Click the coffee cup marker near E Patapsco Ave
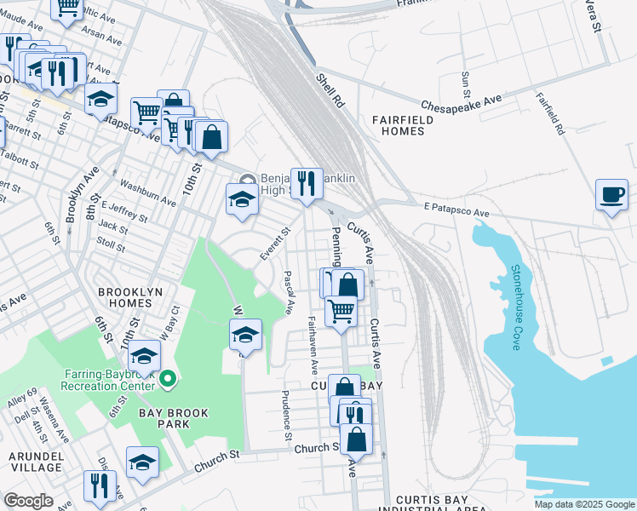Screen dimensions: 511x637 pos(611,194)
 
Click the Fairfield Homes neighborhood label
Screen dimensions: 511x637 pos(402,125)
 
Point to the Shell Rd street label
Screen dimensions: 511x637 pos(330,89)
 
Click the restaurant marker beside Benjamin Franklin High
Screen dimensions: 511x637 pos(307,183)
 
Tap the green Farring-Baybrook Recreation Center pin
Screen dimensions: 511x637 pos(169,378)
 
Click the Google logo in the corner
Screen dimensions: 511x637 pos(28,501)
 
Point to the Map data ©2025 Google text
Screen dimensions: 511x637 pos(583,504)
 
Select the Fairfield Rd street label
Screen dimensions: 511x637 pos(549,115)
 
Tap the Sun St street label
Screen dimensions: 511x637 pos(466,86)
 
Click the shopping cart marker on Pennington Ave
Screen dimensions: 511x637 pos(341,312)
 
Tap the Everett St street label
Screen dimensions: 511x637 pos(275,241)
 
